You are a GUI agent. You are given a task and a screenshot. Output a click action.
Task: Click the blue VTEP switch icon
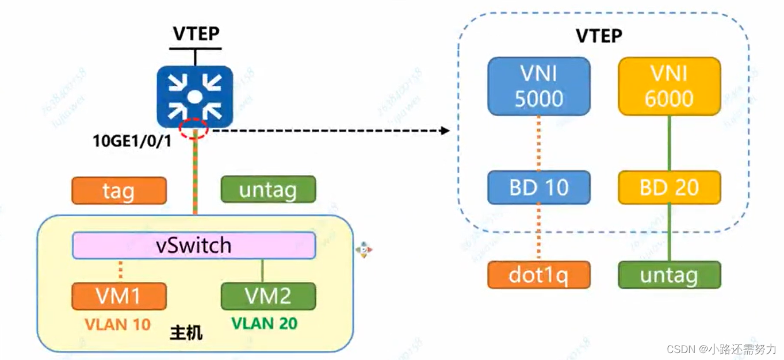(x=195, y=96)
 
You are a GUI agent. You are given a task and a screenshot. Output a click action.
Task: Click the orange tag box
(x=118, y=190)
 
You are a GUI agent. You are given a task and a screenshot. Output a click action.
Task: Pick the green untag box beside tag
(x=268, y=189)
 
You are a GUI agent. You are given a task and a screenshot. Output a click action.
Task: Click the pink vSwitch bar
(x=194, y=246)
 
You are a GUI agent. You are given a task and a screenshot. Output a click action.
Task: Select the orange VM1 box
(x=118, y=296)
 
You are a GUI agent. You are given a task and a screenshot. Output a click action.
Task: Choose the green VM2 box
(x=268, y=296)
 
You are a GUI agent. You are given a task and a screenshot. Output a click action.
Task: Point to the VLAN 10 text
(x=117, y=324)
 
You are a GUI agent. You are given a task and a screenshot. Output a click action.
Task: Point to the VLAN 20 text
(x=264, y=324)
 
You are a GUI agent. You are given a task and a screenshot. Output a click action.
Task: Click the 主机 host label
(x=186, y=333)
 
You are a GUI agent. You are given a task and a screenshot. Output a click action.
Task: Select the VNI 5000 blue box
(x=539, y=86)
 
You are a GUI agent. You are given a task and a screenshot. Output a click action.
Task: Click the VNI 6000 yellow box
(x=669, y=86)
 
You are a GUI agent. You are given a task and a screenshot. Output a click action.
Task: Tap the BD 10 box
(x=539, y=187)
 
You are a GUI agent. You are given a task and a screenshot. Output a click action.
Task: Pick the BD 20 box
(x=669, y=187)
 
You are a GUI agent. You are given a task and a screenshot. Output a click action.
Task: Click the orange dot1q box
(x=539, y=275)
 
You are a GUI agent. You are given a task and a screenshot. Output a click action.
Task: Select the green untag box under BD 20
(x=669, y=275)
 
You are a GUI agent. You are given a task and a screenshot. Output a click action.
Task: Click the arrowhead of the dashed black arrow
(x=445, y=131)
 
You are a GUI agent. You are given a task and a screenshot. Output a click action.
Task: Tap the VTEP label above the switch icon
(x=196, y=34)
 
